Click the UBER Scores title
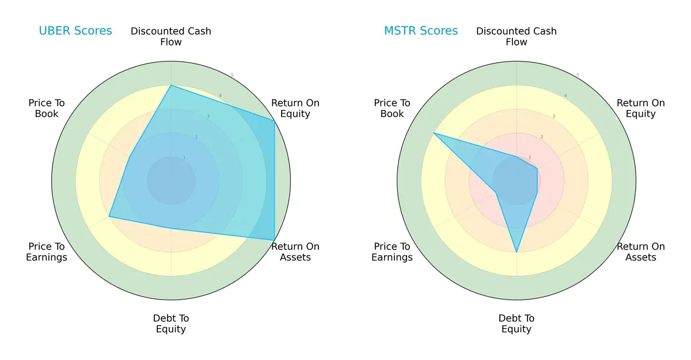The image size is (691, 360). click(x=75, y=31)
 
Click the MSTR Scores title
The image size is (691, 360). click(x=421, y=31)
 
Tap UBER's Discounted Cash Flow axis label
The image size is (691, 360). click(x=171, y=36)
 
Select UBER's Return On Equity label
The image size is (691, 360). click(x=295, y=108)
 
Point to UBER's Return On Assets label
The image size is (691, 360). click(x=295, y=252)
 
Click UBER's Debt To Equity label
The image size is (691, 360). click(x=171, y=324)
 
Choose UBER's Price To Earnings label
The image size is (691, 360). click(x=47, y=252)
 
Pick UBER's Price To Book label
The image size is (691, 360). click(x=47, y=108)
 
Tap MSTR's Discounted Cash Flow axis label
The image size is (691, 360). click(x=517, y=36)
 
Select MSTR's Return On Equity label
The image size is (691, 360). click(x=641, y=108)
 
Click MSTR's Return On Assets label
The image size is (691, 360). click(x=641, y=252)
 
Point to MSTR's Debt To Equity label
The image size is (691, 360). click(x=517, y=324)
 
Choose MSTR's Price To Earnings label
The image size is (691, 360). click(x=392, y=252)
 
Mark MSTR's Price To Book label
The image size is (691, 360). click(x=392, y=108)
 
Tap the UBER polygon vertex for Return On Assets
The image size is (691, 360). click(x=274, y=240)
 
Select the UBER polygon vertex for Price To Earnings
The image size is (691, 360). click(x=109, y=217)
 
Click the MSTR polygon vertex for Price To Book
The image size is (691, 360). click(x=434, y=133)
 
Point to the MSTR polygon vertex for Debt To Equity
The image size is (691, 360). click(x=517, y=252)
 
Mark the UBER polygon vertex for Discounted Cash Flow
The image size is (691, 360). click(x=171, y=85)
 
